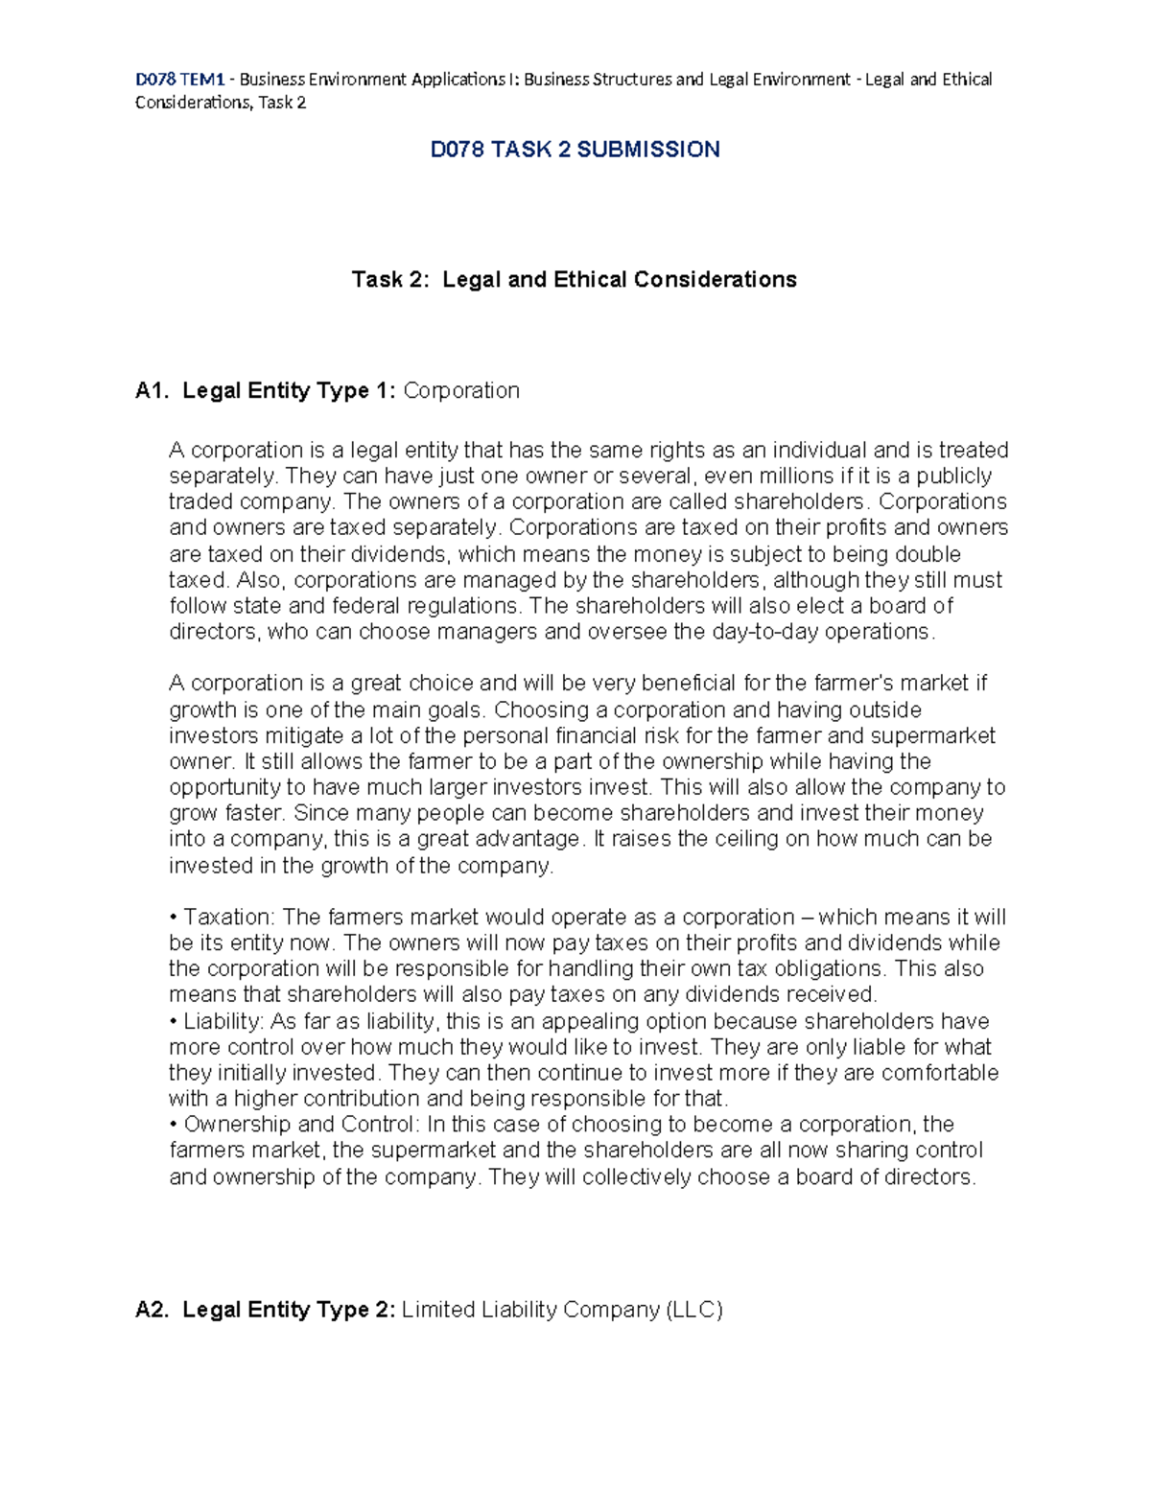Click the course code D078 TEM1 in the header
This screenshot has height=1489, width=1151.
[x=179, y=79]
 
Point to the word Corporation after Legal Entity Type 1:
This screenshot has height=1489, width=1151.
[x=461, y=390]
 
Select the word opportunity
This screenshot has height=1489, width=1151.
[x=225, y=787]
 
